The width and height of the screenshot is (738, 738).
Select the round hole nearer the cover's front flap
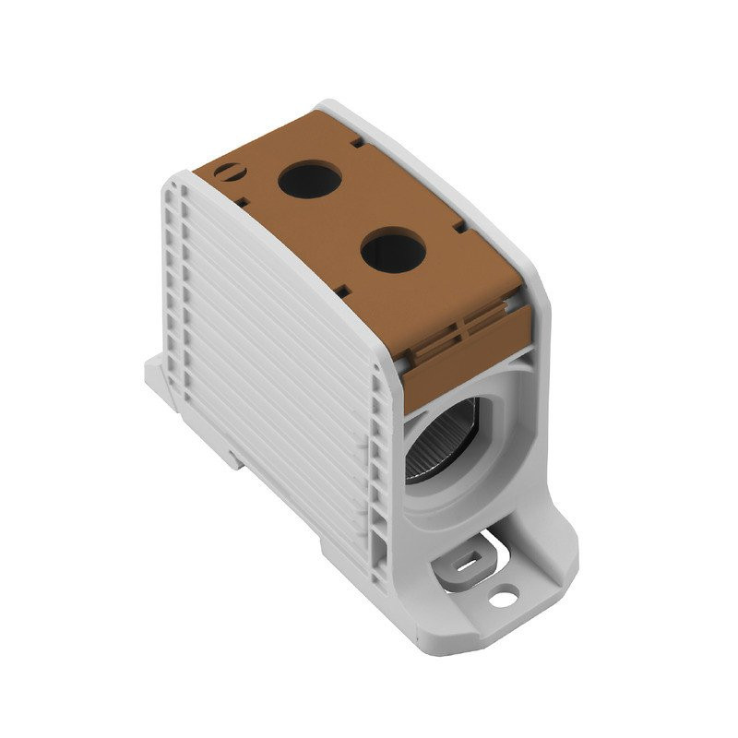click(391, 251)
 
